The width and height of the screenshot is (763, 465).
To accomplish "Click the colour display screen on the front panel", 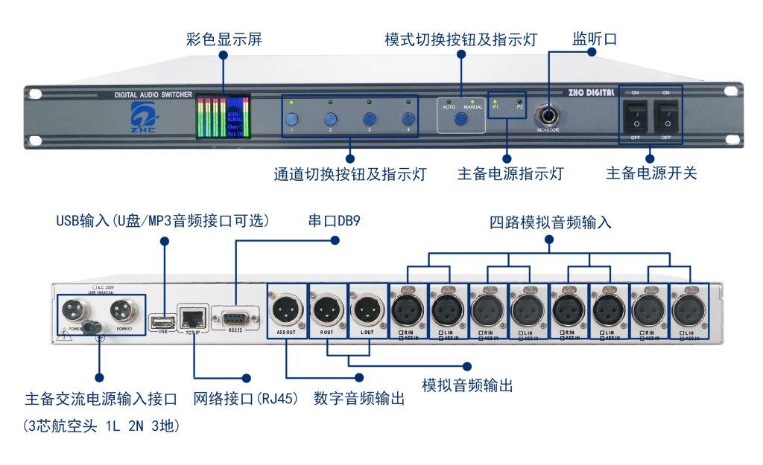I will coord(223,116).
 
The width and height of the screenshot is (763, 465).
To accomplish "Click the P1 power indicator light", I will coord(495,98).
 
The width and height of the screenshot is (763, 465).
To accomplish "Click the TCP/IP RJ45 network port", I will coord(192,319).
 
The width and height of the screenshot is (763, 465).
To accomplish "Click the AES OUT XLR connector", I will coord(286,307).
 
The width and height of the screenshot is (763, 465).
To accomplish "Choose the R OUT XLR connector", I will coord(326,307).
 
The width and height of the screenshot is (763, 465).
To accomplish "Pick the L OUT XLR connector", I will coord(367,307).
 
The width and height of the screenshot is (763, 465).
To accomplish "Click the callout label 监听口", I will coord(595,38).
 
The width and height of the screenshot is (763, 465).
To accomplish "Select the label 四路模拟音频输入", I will coord(551,222).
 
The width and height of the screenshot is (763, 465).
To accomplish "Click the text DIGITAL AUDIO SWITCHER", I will coord(153,95).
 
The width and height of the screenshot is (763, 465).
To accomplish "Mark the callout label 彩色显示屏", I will coord(224,38).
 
